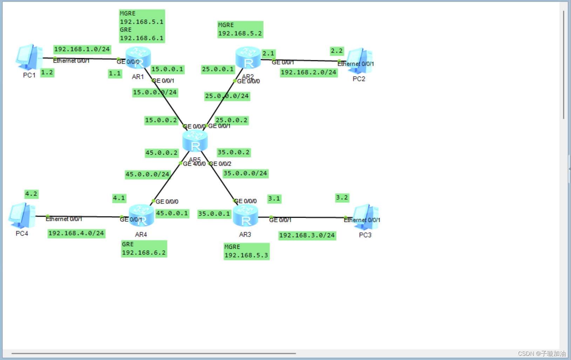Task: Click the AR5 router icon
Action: (x=195, y=141)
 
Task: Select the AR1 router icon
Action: (x=138, y=57)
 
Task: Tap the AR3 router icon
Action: (x=245, y=216)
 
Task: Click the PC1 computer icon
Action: (x=29, y=57)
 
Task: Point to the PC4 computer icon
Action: (x=22, y=215)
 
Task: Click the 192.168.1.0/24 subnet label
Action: (x=82, y=49)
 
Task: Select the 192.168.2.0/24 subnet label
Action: (x=308, y=73)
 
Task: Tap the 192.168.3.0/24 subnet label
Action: (x=307, y=235)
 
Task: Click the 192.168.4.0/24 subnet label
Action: (x=76, y=233)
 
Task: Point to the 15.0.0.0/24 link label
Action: (x=155, y=93)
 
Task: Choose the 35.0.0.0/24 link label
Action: (x=245, y=174)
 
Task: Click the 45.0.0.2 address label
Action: (x=162, y=153)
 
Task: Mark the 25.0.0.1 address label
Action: (x=218, y=69)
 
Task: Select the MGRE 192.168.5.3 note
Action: (x=246, y=251)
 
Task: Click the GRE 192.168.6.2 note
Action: (x=144, y=249)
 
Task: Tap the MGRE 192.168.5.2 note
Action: (x=240, y=29)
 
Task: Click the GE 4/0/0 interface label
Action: (x=194, y=164)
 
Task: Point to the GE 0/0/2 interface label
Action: (x=220, y=164)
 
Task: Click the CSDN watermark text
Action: (x=542, y=354)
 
